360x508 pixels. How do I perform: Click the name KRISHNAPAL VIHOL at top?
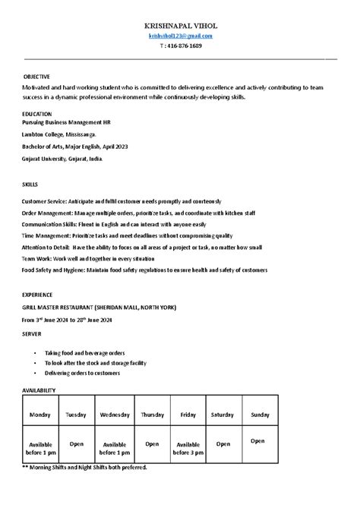click(180, 25)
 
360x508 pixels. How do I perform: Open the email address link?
click(180, 36)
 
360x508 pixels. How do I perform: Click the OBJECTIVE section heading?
click(36, 77)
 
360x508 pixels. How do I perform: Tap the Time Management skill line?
click(128, 235)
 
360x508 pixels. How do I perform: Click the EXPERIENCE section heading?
click(38, 293)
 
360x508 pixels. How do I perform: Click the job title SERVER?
click(33, 333)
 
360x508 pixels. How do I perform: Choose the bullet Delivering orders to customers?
click(82, 373)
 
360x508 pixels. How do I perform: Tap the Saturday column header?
click(222, 415)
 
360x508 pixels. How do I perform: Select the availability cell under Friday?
click(188, 447)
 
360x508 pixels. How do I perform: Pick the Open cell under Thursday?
click(152, 443)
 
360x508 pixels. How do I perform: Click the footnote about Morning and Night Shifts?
click(84, 467)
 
